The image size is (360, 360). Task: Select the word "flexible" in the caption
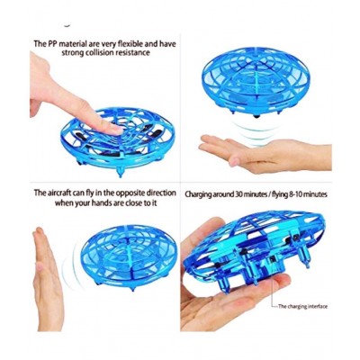[129, 44]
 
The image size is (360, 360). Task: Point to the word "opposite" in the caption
[130, 193]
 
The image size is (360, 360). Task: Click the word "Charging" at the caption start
[198, 194]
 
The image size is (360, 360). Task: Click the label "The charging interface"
[302, 306]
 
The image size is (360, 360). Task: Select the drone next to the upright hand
[129, 257]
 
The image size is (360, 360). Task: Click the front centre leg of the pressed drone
[121, 171]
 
